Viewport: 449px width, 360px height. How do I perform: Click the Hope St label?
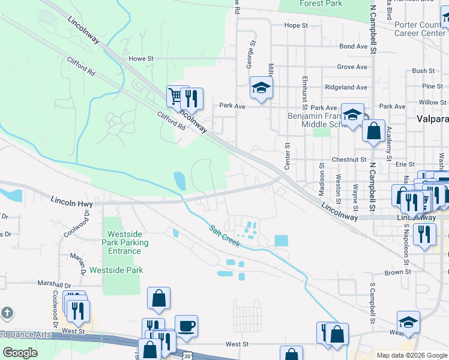coord(295,26)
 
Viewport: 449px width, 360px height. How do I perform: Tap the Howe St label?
coord(142,59)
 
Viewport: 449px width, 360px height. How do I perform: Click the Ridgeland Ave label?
coord(346,87)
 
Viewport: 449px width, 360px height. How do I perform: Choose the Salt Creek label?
coord(225,236)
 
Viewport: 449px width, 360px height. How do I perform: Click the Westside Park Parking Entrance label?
coord(125,242)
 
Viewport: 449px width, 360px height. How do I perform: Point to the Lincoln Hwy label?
coord(71,203)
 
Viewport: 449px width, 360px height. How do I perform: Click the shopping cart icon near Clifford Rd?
coord(175,96)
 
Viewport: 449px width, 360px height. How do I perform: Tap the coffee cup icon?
coord(185,326)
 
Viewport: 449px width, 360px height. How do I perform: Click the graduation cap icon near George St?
coord(261,88)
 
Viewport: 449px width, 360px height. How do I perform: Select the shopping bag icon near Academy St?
coord(373,130)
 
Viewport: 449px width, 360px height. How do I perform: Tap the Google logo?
coord(20,353)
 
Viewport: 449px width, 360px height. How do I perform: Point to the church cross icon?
coord(7,313)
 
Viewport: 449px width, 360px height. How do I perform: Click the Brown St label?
coord(397,272)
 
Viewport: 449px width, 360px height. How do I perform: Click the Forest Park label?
coord(321,4)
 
